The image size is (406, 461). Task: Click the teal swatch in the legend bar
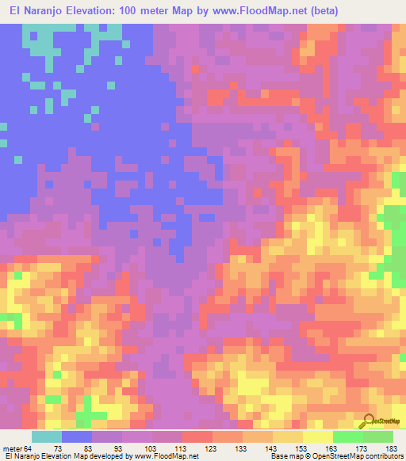click(x=47, y=437)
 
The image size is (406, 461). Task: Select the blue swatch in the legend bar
click(x=77, y=437)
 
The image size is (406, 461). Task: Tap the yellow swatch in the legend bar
click(x=317, y=437)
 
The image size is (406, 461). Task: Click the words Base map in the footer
click(x=284, y=456)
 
